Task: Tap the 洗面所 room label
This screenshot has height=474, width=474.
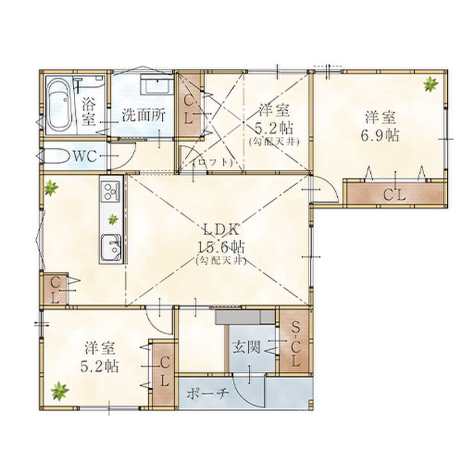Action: coord(143,115)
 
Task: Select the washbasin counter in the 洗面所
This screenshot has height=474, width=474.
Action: coord(157,84)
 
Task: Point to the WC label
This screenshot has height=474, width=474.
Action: coord(85,156)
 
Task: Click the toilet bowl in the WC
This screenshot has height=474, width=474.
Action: coord(56,156)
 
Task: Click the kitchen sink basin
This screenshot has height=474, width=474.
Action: coord(111,248)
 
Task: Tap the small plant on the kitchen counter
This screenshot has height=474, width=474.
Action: coord(113,219)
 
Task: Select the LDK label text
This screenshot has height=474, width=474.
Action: coord(221,230)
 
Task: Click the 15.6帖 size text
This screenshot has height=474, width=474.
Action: coord(221,248)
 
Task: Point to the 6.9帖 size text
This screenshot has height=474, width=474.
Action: coord(380,135)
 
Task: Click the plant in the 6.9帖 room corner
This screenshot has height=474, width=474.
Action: coord(430,84)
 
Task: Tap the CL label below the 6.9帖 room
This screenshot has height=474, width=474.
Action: coord(395,196)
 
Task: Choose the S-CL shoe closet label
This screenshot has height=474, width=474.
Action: coord(295,344)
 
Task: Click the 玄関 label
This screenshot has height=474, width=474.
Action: coord(246,347)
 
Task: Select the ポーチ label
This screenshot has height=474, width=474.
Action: coord(207,393)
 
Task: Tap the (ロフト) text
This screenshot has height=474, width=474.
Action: coord(214,162)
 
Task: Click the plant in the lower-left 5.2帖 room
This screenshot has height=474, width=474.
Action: coord(60,390)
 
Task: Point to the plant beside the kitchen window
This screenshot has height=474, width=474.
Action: coord(50,188)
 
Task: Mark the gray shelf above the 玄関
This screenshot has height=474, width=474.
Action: coord(245,318)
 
